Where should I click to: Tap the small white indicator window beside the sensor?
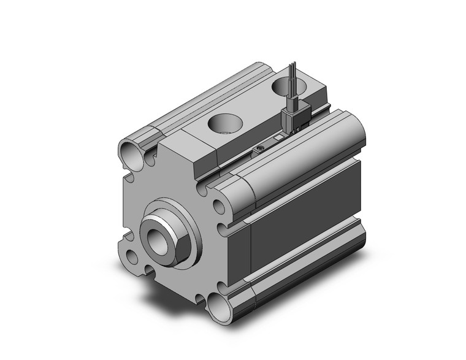click(277, 139)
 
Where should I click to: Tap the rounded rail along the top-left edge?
click(184, 110)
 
